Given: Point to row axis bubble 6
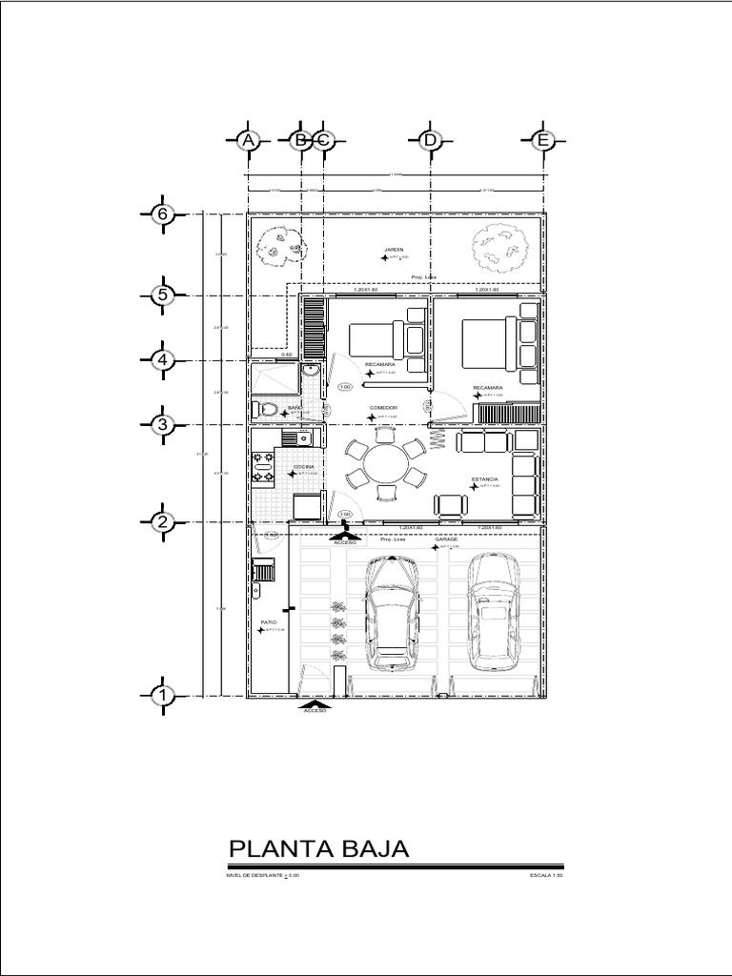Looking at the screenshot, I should (x=163, y=214).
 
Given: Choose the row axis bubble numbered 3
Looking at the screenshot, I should (x=163, y=425).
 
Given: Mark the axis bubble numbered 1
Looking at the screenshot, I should (x=163, y=696).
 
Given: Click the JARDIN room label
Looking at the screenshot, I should (x=395, y=250).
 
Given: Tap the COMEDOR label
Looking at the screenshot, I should (x=383, y=408).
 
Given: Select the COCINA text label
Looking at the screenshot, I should (x=304, y=466).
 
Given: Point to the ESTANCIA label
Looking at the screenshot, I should (x=484, y=479).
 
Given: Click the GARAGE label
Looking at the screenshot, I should (x=447, y=539).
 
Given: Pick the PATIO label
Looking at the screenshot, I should (x=269, y=621).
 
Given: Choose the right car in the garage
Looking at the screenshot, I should (x=493, y=606).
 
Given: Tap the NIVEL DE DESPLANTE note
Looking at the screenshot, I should (x=262, y=874).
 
